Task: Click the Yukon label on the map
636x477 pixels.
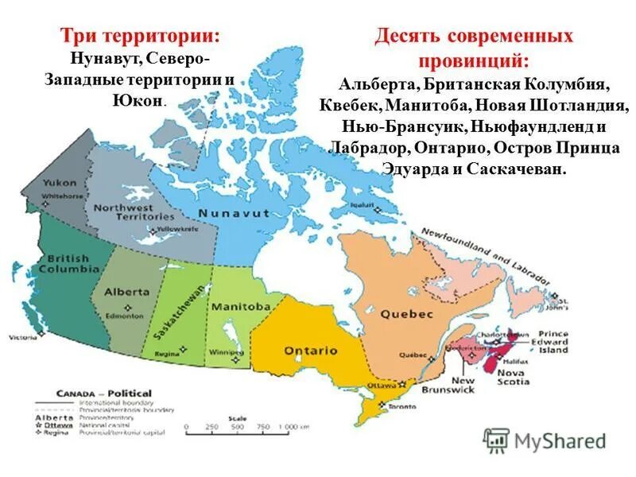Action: tap(60, 182)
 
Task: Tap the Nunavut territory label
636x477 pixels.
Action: tap(235, 213)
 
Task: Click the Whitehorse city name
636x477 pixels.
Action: tap(61, 195)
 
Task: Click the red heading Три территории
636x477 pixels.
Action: tap(141, 37)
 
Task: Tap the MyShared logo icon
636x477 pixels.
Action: tap(497, 440)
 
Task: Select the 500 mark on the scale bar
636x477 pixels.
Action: tap(238, 428)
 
